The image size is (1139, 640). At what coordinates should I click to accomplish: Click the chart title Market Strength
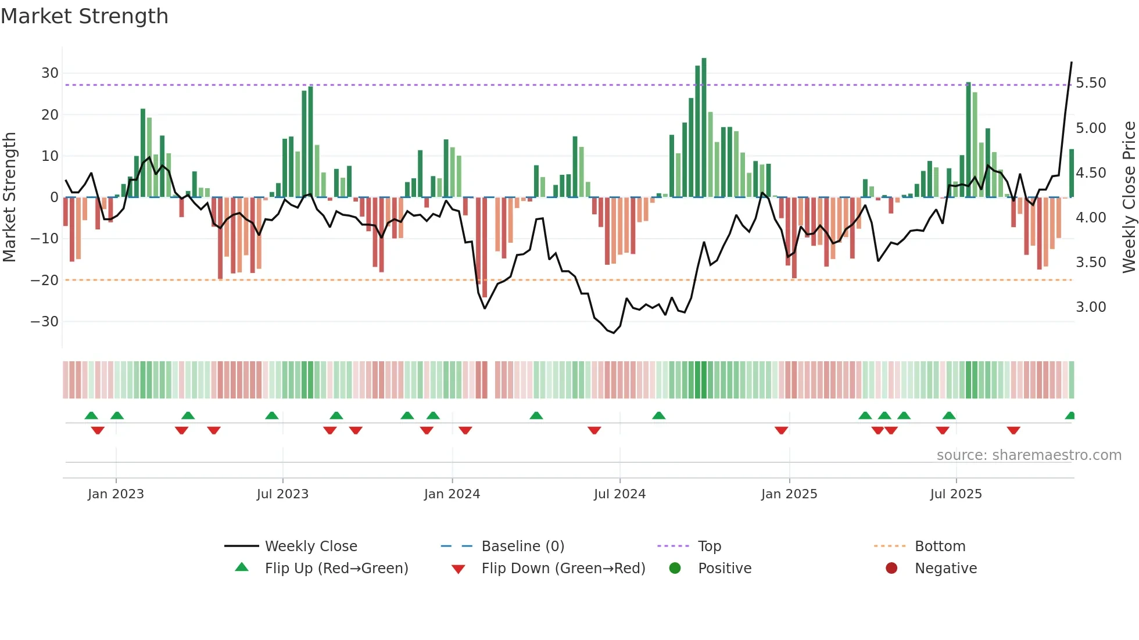tap(84, 16)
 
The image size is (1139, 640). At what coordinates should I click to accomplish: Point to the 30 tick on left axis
tap(50, 73)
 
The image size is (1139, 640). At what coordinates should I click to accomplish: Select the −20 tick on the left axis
tap(45, 281)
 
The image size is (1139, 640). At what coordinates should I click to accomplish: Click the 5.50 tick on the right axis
tap(1091, 83)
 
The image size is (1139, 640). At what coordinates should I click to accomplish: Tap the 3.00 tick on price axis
tap(1091, 307)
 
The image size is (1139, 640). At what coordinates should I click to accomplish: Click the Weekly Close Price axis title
tap(1129, 197)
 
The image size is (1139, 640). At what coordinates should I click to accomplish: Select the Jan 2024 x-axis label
tap(452, 494)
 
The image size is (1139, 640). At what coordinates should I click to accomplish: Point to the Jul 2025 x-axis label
tap(956, 494)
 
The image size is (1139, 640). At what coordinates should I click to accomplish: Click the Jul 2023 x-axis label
tap(282, 494)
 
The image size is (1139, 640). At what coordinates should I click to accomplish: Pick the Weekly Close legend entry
tap(311, 546)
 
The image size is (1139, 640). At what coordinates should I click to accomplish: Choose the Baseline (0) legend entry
tap(522, 546)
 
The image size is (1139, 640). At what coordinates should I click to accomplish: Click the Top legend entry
tap(709, 546)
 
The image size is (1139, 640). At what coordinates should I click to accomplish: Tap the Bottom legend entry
tap(940, 546)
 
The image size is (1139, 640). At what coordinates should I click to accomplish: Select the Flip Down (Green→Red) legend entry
tap(563, 569)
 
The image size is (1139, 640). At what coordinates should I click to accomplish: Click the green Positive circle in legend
tap(675, 568)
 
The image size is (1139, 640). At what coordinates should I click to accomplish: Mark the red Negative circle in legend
tap(891, 568)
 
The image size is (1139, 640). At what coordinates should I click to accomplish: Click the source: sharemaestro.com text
tap(1029, 455)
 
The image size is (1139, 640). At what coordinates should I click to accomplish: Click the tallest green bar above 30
tap(704, 128)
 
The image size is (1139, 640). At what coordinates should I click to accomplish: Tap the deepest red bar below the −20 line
tap(485, 250)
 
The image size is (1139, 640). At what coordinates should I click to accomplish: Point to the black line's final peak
tap(1072, 63)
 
